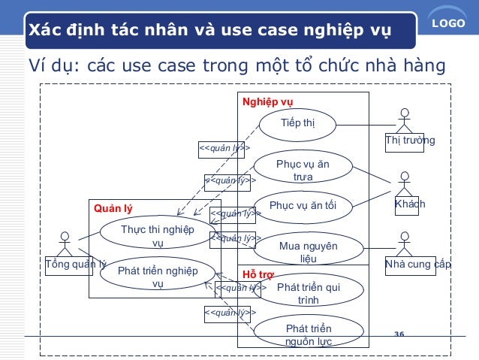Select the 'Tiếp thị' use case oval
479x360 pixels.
(297, 124)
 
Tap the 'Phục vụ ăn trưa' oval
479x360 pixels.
(303, 170)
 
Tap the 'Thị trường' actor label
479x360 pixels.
(409, 141)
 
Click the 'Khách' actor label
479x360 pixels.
(410, 204)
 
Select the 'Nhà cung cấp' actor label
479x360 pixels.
(417, 265)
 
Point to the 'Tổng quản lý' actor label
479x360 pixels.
(76, 265)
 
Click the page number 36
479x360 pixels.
(399, 334)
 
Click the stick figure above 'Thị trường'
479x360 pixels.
(405, 121)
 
